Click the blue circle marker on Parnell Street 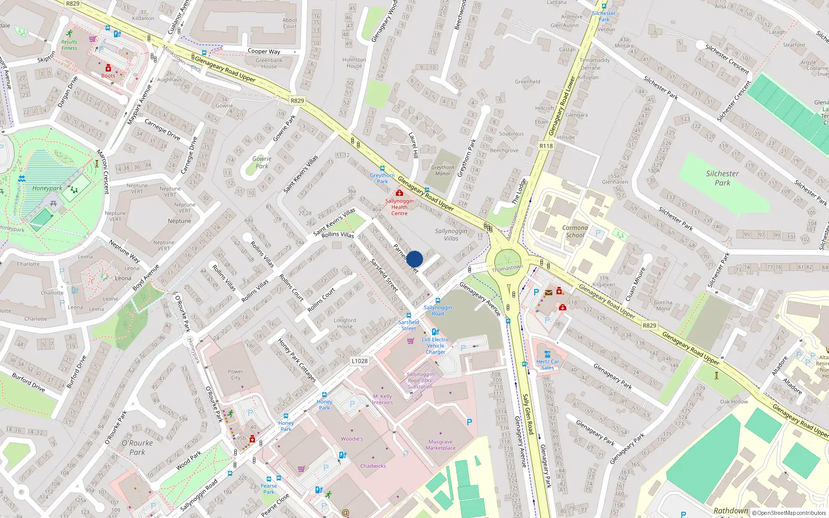coord(414,259)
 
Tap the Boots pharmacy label coord(108,76)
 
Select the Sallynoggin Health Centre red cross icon coord(399,193)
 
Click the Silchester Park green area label coord(722,178)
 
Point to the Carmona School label coord(575,231)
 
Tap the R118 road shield coord(546,146)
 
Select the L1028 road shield coord(359,361)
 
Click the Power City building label coord(235,374)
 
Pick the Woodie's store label coord(352,439)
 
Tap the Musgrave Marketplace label coord(440,445)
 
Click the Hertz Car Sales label coord(548,365)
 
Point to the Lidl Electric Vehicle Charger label coord(435,346)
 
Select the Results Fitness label coord(69,45)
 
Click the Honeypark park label coord(47,189)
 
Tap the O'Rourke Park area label coord(137,448)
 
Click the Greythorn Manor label coord(442,170)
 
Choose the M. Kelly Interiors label coord(382,399)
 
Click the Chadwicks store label coord(373,466)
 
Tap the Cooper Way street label coord(264,51)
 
